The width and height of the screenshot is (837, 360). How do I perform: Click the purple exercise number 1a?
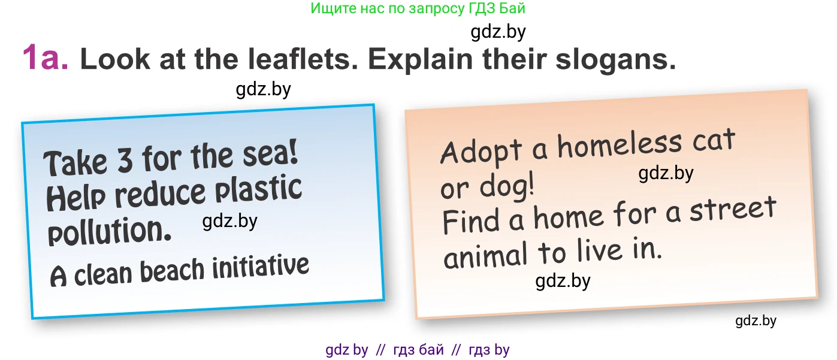pos(46,58)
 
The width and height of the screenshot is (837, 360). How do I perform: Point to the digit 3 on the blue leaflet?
pos(125,160)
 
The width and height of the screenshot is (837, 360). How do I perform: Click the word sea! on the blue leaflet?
pos(270,153)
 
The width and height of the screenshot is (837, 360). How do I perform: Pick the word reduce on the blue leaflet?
pos(160,193)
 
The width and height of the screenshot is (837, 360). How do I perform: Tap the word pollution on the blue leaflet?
pos(110,231)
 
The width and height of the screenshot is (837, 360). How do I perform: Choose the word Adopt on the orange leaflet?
pos(481,152)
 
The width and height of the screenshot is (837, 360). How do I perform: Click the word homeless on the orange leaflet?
pos(620,145)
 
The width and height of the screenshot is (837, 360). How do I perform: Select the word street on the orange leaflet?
pos(733,208)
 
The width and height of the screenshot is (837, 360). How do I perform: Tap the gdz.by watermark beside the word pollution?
pos(230,221)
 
